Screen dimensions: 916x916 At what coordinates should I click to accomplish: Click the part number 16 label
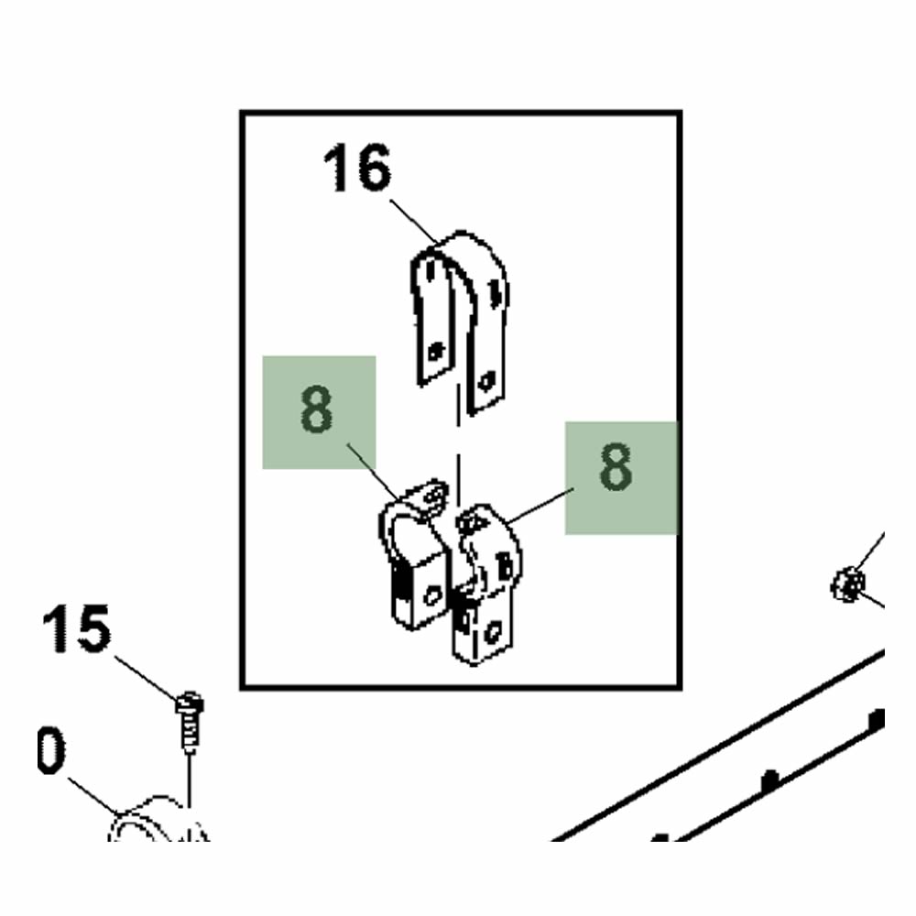[x=357, y=169]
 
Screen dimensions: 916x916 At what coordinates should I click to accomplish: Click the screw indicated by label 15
[x=190, y=721]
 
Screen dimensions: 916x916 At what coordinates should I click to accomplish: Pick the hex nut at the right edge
[x=847, y=583]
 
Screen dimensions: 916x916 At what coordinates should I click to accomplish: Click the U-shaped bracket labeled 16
[x=461, y=322]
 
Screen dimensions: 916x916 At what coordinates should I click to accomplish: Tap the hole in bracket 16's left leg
[x=434, y=352]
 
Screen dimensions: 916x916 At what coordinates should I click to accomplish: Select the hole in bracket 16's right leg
[x=485, y=382]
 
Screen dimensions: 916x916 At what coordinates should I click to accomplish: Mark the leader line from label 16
[x=414, y=222]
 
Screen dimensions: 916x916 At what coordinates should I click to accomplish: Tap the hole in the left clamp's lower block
[x=432, y=596]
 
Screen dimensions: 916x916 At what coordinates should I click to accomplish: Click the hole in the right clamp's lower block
[x=495, y=633]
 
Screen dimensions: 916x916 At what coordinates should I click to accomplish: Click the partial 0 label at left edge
[x=50, y=752]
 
